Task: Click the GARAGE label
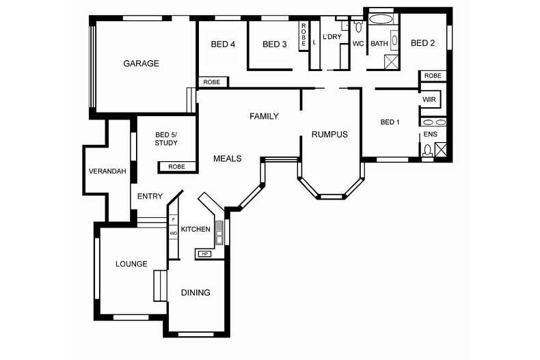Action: [x=141, y=64]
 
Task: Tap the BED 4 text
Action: [x=223, y=44]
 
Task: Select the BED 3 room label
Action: [x=275, y=44]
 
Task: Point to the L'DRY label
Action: [x=332, y=36]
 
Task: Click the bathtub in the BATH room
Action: [x=381, y=19]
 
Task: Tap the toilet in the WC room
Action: [x=358, y=26]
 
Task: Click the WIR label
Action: [x=429, y=100]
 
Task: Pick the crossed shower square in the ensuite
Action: [x=440, y=150]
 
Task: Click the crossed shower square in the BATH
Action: [x=391, y=62]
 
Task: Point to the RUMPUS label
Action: [x=329, y=134]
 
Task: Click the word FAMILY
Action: [x=264, y=116]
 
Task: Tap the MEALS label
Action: [x=228, y=158]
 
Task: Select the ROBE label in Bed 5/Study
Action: [x=176, y=167]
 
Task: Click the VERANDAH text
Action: [x=107, y=171]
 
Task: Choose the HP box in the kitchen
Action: [x=205, y=254]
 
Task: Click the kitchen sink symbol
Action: [x=219, y=233]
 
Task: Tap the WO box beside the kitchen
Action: [x=173, y=234]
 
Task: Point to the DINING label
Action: [x=195, y=292]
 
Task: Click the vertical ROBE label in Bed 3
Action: [x=303, y=35]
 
